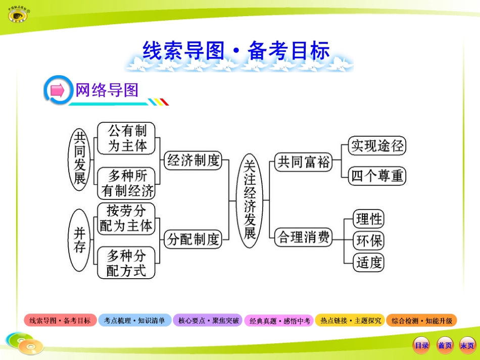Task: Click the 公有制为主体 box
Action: [126, 138]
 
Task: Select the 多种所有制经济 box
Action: [126, 183]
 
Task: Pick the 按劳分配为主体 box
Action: [126, 218]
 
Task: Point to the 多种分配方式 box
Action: [126, 263]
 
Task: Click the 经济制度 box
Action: [194, 161]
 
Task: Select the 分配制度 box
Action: [194, 238]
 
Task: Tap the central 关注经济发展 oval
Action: [249, 200]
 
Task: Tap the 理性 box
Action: [369, 219]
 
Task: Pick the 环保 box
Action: [369, 241]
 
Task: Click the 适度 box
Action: [369, 263]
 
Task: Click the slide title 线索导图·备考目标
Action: [236, 51]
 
